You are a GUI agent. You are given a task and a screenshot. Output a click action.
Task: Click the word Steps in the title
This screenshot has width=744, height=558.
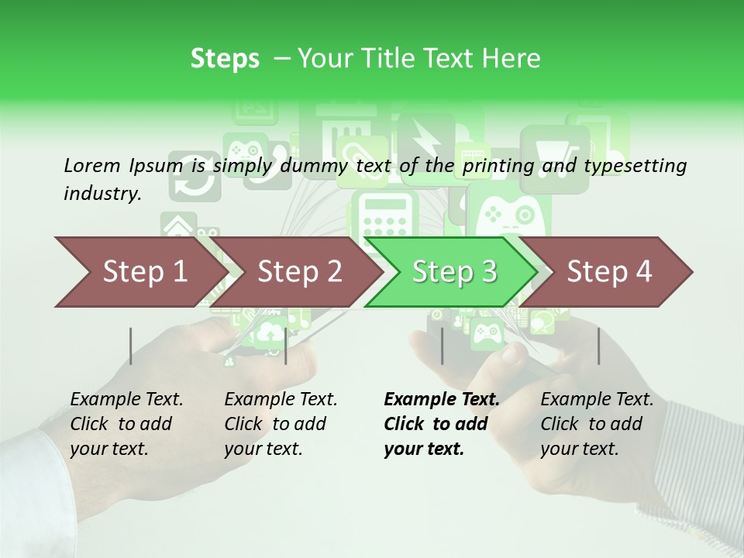click(225, 59)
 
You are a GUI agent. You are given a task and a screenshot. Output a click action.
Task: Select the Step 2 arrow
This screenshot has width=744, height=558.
click(299, 272)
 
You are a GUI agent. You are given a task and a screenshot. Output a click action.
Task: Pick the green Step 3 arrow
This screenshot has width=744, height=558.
click(454, 272)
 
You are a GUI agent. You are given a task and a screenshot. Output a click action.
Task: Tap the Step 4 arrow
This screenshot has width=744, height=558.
click(609, 272)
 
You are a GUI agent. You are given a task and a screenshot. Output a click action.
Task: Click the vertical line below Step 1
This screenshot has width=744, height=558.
click(131, 346)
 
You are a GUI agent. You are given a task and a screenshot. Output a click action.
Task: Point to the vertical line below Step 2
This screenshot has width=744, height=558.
click(286, 346)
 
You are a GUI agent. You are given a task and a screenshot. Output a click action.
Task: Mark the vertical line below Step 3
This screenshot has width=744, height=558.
click(442, 346)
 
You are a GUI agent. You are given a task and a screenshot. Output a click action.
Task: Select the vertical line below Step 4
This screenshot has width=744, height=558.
click(598, 346)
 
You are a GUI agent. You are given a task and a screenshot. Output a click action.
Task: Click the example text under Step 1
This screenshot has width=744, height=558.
click(126, 424)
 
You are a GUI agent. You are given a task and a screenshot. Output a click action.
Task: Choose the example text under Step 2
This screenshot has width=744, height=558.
click(281, 424)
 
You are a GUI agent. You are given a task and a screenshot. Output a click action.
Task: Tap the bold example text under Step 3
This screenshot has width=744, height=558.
click(441, 424)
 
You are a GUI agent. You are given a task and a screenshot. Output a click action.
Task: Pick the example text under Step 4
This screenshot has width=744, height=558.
click(597, 424)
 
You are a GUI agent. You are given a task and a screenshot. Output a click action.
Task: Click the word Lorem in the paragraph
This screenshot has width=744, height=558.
click(91, 165)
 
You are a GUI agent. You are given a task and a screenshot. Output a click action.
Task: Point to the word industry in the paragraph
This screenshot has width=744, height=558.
click(102, 194)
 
